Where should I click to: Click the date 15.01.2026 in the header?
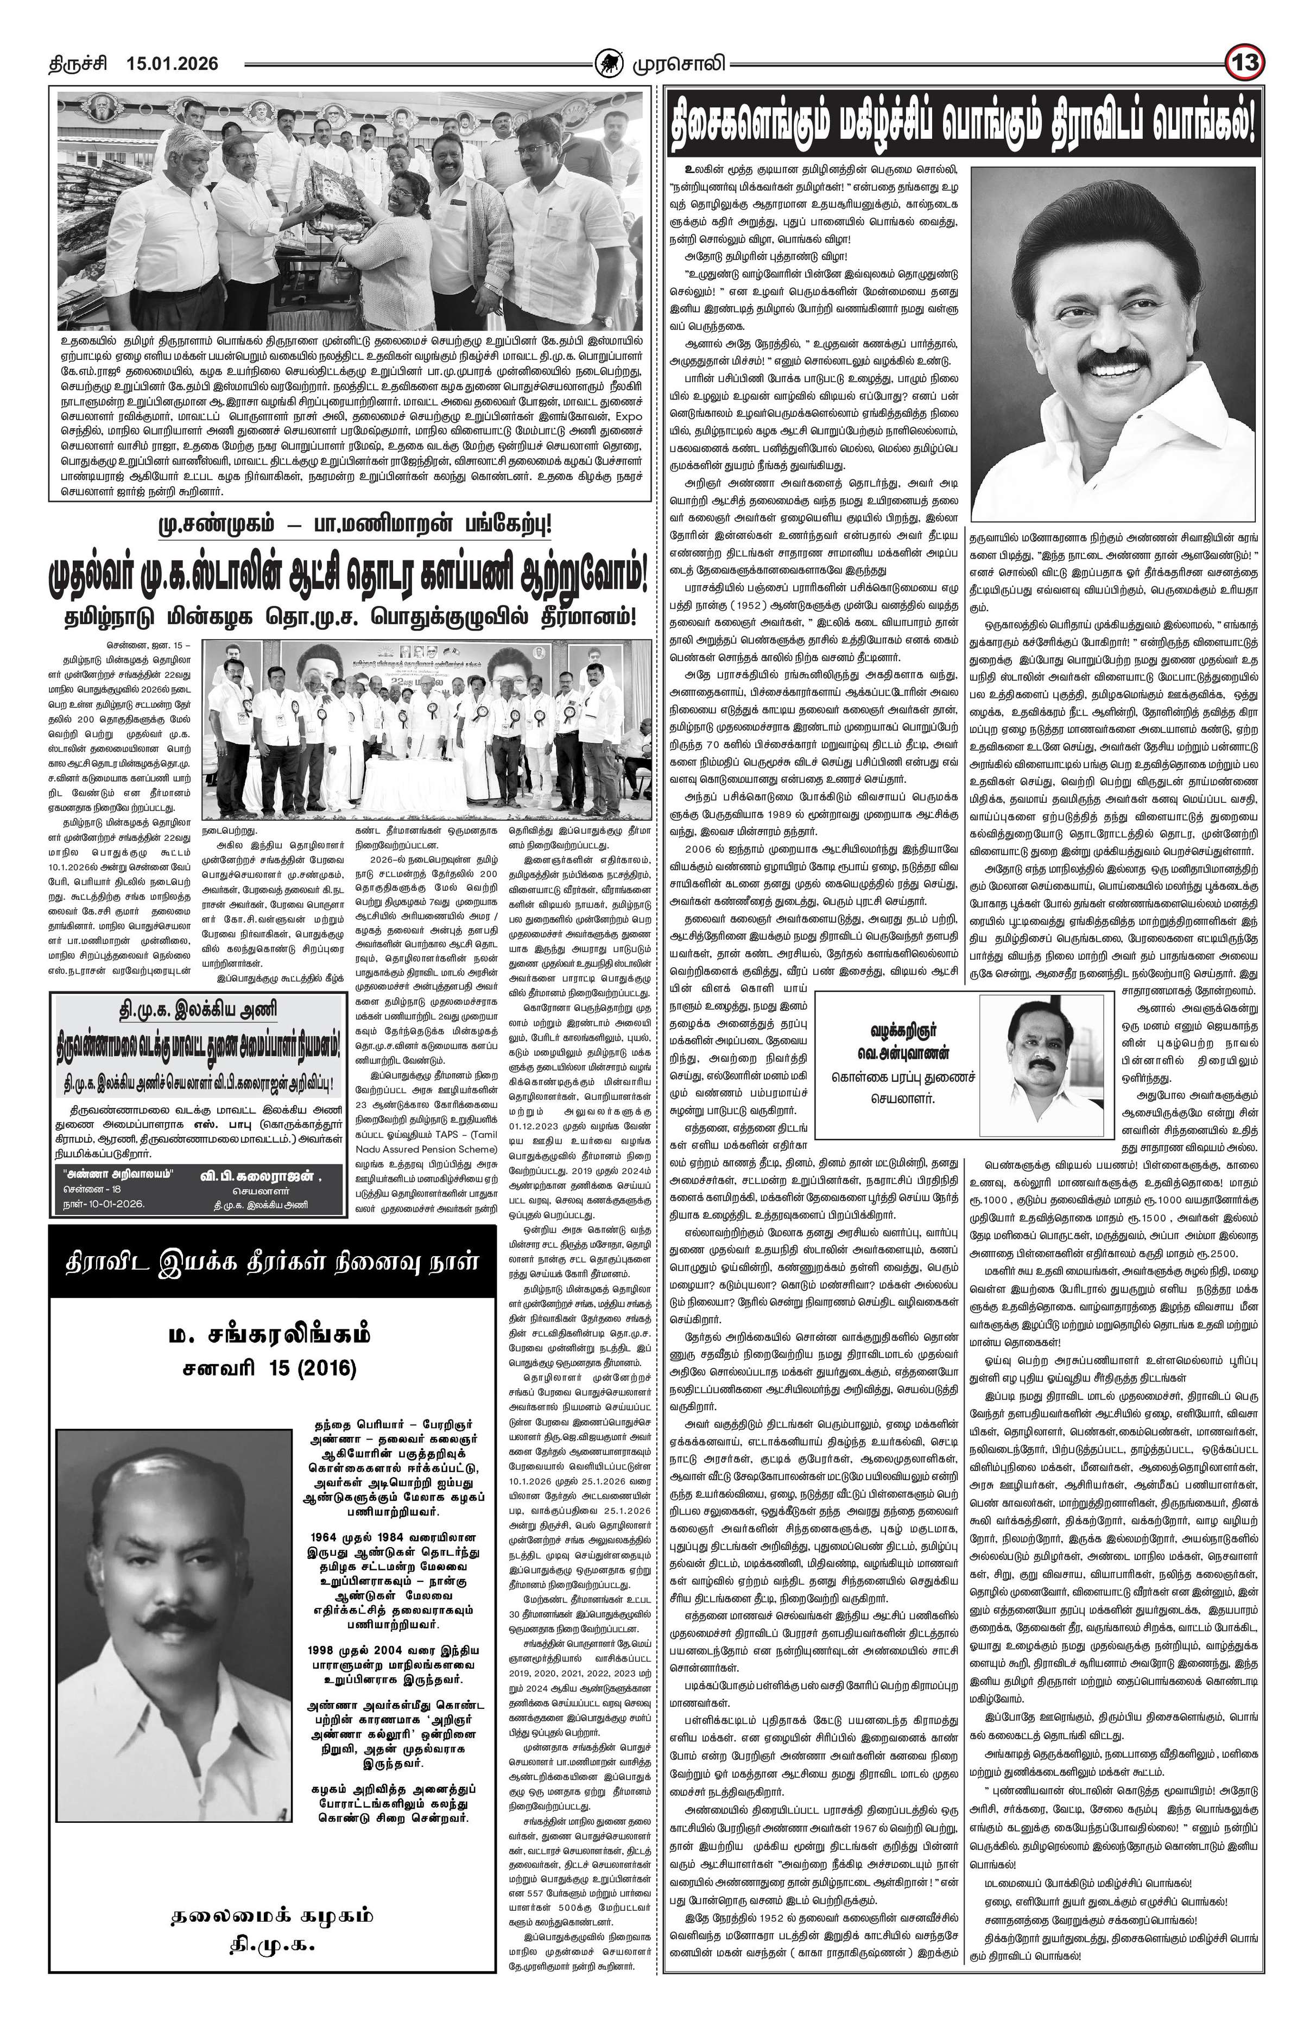pyautogui.click(x=172, y=64)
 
